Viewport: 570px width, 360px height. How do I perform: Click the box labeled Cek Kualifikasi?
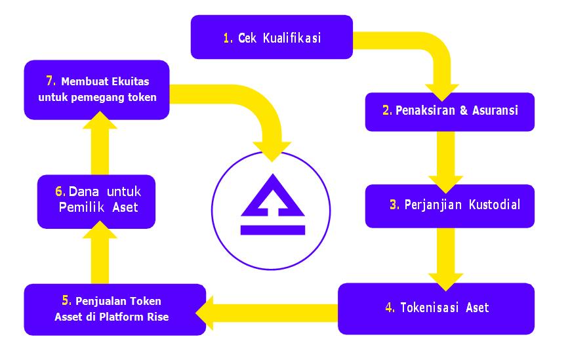tap(272, 37)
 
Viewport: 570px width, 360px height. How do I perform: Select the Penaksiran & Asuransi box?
tap(449, 111)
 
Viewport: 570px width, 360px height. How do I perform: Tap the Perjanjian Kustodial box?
tap(449, 205)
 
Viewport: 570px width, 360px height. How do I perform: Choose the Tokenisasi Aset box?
tap(436, 308)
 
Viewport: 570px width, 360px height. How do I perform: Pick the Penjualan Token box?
tap(115, 309)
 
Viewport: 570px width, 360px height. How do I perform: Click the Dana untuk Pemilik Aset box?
tap(96, 201)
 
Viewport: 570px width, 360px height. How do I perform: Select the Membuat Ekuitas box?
tap(96, 90)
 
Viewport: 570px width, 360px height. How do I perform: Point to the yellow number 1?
tap(228, 38)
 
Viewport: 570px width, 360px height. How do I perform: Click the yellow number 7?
tap(51, 81)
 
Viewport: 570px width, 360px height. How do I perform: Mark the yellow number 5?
tap(67, 301)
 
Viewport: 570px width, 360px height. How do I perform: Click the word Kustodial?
tap(495, 205)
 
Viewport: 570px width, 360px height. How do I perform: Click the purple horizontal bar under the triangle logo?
tap(272, 230)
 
